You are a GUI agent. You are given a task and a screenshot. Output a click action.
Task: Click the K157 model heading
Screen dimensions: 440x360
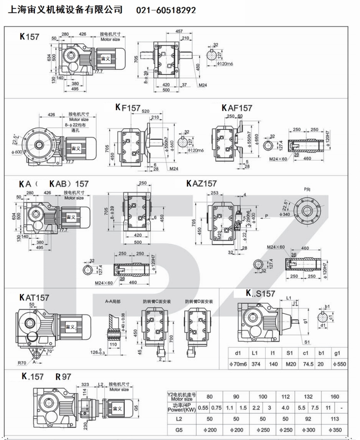click(x=30, y=37)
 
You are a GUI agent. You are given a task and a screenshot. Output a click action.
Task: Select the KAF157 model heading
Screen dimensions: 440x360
click(x=237, y=108)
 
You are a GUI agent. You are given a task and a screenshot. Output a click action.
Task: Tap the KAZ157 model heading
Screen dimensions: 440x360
click(x=202, y=183)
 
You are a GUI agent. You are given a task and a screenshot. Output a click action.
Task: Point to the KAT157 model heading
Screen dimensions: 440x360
click(x=34, y=297)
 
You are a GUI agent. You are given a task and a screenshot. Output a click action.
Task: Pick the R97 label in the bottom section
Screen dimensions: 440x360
click(x=63, y=377)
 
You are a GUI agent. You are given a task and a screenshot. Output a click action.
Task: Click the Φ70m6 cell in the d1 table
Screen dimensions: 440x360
click(x=238, y=365)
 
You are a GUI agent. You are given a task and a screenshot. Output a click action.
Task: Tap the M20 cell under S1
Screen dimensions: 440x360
click(x=289, y=365)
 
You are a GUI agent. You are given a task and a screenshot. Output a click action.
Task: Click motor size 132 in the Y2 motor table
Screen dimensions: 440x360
click(x=308, y=397)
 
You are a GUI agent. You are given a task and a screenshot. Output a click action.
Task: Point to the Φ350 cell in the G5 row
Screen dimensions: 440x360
click(x=335, y=429)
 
